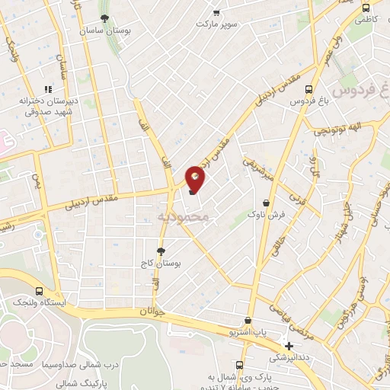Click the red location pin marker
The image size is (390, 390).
[x=196, y=178]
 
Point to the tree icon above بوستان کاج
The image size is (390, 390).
[x=161, y=251]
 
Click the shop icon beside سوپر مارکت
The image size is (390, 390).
[x=217, y=12]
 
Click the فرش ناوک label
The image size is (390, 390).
[x=267, y=215]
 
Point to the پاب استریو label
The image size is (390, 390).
[x=248, y=332]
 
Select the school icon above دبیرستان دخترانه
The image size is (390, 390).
[x=48, y=88]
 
